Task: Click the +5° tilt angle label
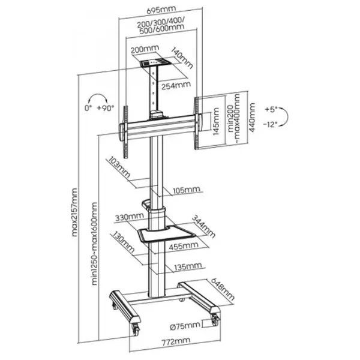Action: pos(271,110)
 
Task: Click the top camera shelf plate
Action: pos(153,61)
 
